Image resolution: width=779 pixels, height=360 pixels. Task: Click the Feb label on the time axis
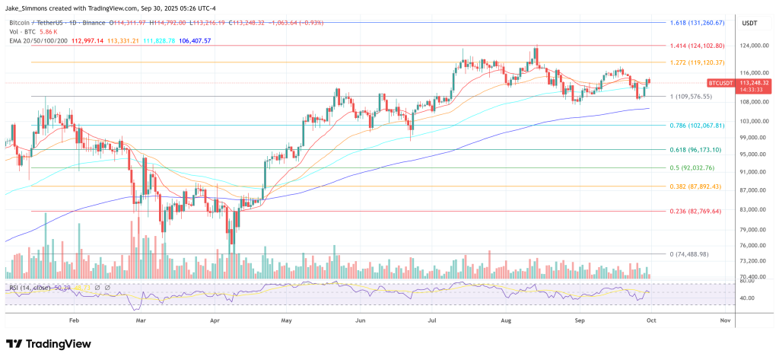tap(74, 321)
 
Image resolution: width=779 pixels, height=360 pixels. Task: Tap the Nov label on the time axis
tap(725, 321)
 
